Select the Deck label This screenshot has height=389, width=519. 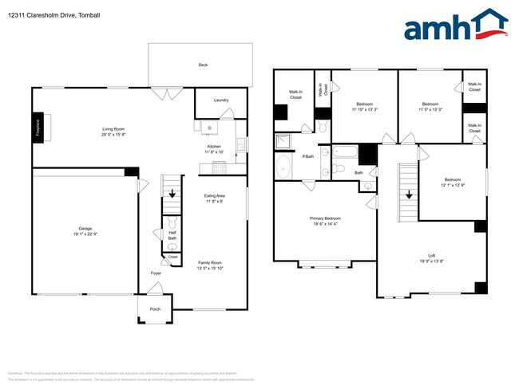(x=204, y=65)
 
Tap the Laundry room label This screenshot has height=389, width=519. (x=221, y=100)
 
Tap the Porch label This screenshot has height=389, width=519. (x=155, y=309)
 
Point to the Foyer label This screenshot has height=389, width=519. (x=155, y=273)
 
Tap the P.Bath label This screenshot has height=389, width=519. (x=307, y=156)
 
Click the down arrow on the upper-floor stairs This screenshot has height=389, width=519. (x=410, y=194)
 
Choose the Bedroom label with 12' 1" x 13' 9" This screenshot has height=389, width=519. (x=453, y=180)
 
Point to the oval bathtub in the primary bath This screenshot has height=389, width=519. (x=284, y=167)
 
